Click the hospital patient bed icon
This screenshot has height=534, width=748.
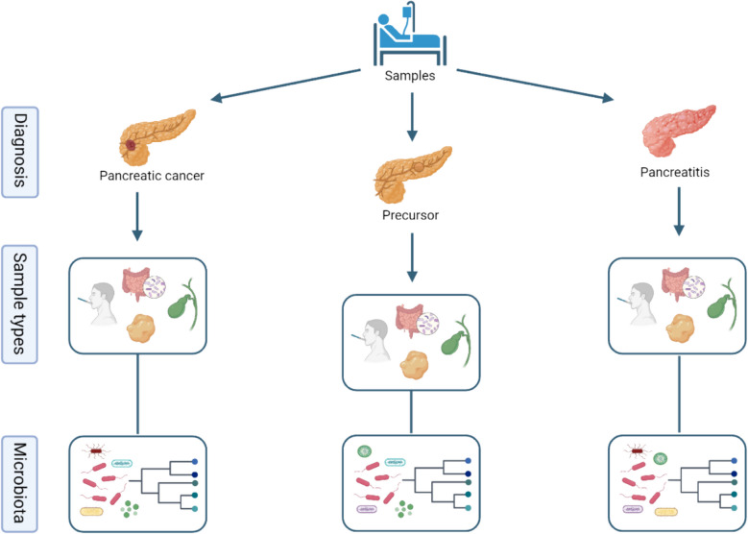410,34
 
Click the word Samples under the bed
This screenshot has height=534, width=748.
410,76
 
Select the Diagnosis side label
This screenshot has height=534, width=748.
20,152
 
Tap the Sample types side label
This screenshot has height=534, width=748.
20,304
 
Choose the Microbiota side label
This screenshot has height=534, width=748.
20,483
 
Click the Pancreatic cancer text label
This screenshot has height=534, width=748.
152,176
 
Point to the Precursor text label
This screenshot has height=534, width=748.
410,215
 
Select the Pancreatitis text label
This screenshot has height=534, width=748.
674,172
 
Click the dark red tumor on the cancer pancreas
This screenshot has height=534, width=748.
131,145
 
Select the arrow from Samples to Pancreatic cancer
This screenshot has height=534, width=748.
285,85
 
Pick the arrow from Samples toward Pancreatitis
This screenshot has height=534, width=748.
535,85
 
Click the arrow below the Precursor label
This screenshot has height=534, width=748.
412,257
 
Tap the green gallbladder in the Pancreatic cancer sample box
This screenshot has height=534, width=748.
183,304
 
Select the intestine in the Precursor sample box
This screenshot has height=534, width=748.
409,319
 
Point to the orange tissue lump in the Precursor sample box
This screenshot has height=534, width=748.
414,365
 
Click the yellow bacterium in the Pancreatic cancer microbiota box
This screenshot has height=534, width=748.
91,512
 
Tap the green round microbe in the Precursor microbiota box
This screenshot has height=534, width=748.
364,451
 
